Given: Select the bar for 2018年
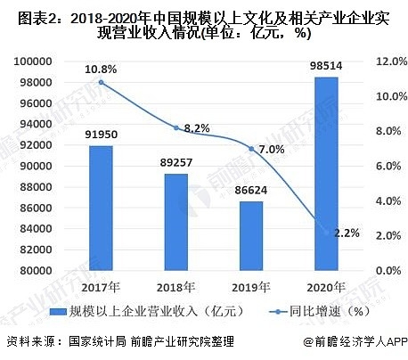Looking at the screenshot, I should click(176, 222).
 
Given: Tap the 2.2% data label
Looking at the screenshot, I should click(347, 233).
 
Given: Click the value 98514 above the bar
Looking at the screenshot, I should click(328, 66).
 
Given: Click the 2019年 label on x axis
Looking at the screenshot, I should click(252, 288).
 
